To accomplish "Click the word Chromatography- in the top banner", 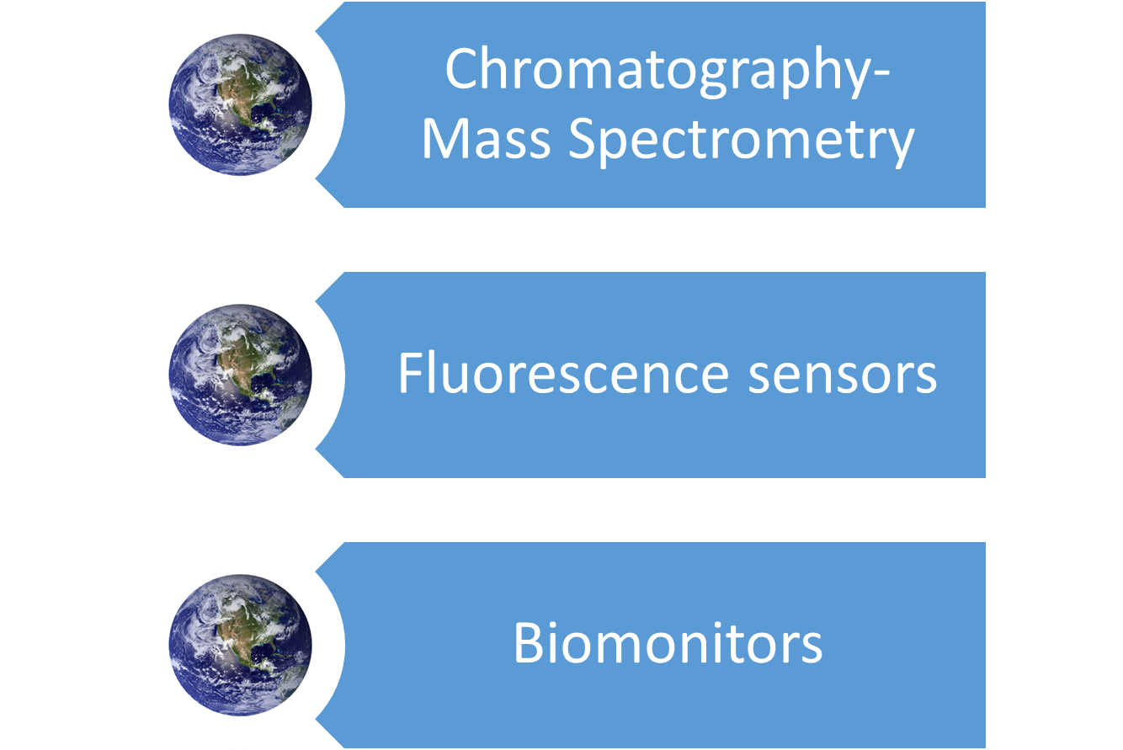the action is point(667,72).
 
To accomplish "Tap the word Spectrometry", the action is point(742,142).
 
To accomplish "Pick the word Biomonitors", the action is point(668,643).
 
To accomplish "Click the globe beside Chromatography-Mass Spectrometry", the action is point(240,104).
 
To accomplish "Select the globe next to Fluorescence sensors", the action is point(240,375).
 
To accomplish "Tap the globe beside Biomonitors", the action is point(240,646).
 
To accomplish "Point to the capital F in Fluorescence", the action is point(411,373).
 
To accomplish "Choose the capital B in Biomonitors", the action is point(530,643).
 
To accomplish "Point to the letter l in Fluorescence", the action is point(434,373).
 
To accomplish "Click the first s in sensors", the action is point(759,378).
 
